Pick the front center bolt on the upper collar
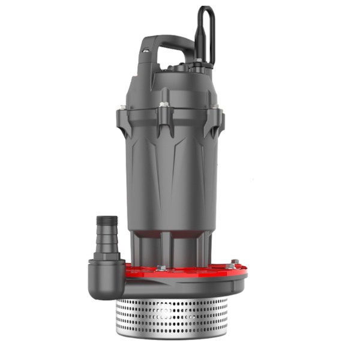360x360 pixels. tap(164, 106)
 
